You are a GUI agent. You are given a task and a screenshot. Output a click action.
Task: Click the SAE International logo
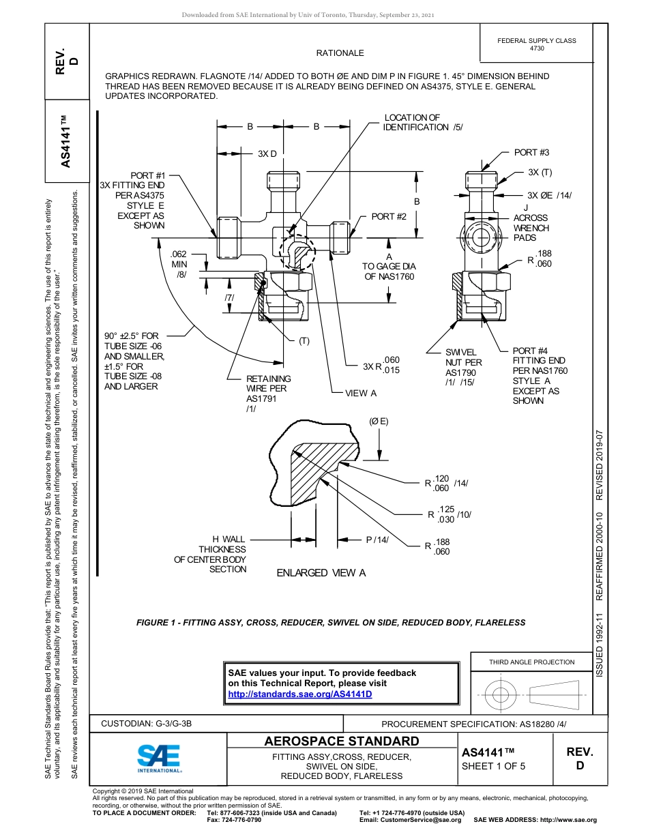point(159,757)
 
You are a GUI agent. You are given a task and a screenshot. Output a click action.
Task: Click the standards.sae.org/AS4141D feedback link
point(299,694)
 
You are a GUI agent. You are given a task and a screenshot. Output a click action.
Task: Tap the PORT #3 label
point(531,152)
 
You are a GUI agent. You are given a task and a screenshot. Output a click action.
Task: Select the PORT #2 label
point(389,216)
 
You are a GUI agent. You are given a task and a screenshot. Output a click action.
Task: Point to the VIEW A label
point(361,393)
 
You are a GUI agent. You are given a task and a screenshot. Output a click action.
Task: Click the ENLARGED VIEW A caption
point(321,573)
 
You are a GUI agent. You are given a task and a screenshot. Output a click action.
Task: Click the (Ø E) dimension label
point(379,422)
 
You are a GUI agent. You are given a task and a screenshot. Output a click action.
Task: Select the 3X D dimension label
point(267,153)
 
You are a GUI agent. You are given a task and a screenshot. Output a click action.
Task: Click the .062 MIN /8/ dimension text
point(179,263)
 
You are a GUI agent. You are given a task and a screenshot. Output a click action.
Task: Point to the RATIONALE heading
point(340,53)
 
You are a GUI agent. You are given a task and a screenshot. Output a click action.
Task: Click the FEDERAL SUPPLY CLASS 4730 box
point(537,44)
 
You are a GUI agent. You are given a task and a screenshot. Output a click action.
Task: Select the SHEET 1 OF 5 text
point(494,765)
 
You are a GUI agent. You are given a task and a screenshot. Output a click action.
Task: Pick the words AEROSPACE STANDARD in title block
point(342,741)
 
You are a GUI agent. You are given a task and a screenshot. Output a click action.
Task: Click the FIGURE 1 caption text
point(331,622)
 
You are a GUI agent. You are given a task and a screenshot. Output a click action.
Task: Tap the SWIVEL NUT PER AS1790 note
point(463,368)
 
